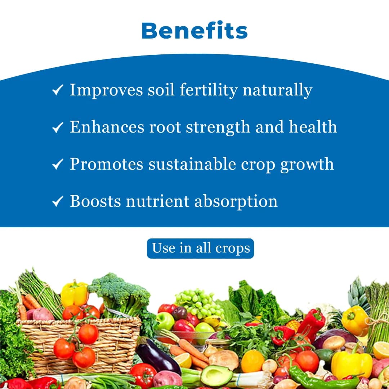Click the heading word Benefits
coord(194,31)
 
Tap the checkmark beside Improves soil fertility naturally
coord(58,90)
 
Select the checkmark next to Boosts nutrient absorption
coord(58,201)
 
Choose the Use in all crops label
coord(200,248)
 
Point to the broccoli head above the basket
coord(119,290)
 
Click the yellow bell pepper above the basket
coord(75,293)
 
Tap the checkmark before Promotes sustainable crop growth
coord(58,164)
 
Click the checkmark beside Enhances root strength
coord(58,127)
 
